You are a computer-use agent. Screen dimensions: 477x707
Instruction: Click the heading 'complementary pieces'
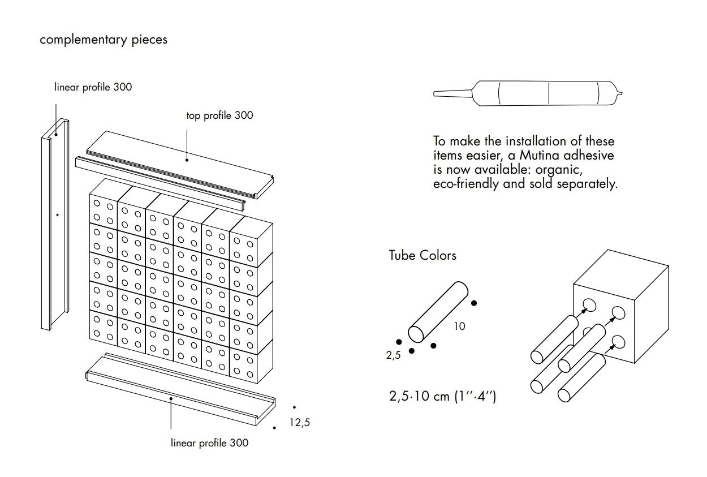[x=104, y=40]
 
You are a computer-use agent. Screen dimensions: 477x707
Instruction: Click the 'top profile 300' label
[x=219, y=115]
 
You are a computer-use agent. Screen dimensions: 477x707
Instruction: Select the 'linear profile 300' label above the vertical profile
[x=93, y=87]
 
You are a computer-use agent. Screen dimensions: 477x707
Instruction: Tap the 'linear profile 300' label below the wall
[x=209, y=442]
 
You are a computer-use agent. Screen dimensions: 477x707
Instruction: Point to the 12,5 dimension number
[x=299, y=422]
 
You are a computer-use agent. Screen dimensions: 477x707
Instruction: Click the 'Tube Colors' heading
[x=422, y=255]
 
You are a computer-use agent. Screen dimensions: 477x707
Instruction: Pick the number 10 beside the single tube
[x=459, y=326]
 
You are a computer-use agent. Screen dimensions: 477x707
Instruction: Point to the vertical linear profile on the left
[x=55, y=226]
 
